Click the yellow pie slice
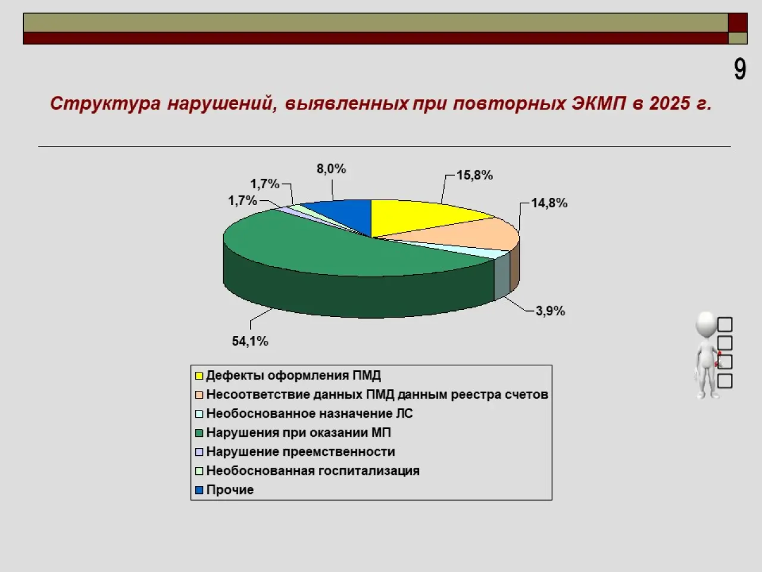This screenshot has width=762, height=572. pyautogui.click(x=417, y=217)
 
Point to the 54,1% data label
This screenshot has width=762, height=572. pyautogui.click(x=250, y=341)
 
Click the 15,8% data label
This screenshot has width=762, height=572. pyautogui.click(x=474, y=175)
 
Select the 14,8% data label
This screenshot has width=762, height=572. pyautogui.click(x=549, y=203)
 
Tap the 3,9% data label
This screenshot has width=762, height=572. pyautogui.click(x=550, y=311)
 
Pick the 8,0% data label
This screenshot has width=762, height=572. pyautogui.click(x=331, y=169)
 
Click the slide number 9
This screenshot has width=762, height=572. pyautogui.click(x=740, y=70)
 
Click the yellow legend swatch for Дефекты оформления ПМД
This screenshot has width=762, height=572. pyautogui.click(x=199, y=376)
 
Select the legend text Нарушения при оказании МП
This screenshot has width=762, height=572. pyautogui.click(x=299, y=433)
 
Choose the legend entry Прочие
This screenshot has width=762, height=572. pyautogui.click(x=225, y=490)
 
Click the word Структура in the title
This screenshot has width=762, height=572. pyautogui.click(x=105, y=104)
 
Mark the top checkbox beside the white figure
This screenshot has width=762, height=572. pyautogui.click(x=724, y=324)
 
